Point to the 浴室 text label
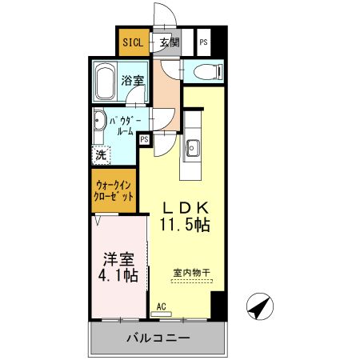[x=132, y=81]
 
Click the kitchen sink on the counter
[x=193, y=147]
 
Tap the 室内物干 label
[x=191, y=274]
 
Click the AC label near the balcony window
[x=161, y=306]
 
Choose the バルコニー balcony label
[x=158, y=338]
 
